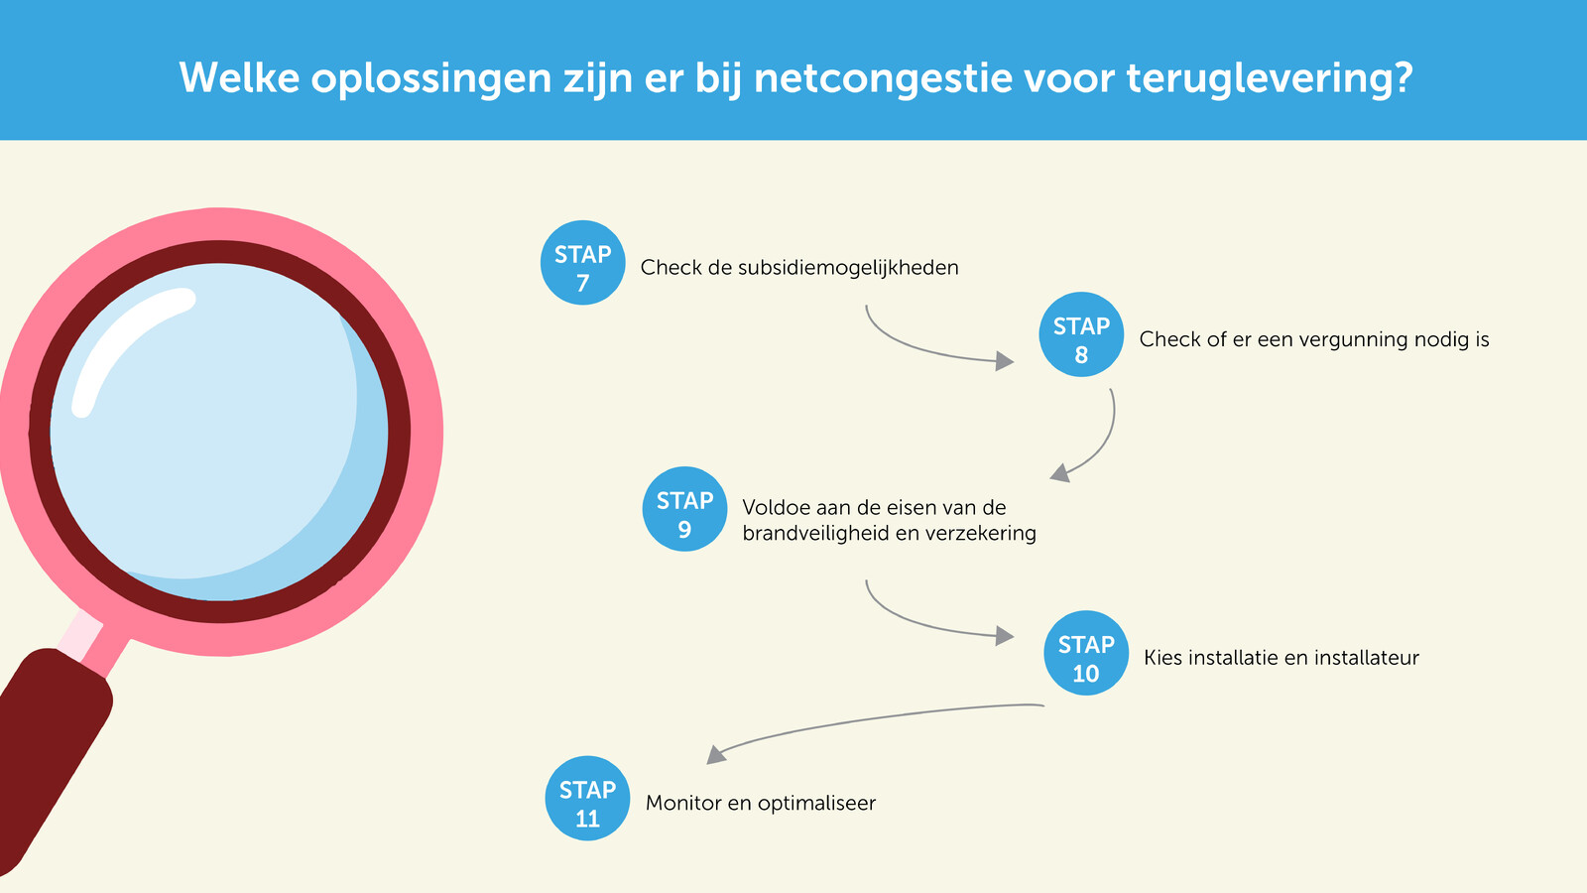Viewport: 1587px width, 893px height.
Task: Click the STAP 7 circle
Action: tap(582, 263)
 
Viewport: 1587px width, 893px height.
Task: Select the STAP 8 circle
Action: tap(1081, 334)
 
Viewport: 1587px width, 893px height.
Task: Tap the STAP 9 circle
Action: tap(684, 509)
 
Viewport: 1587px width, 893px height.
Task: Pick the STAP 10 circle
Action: tap(1086, 653)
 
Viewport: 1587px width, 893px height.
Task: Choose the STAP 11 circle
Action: tap(587, 798)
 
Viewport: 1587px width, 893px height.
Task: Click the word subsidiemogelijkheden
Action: tap(848, 268)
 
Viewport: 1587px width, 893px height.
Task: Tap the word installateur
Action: tap(1367, 658)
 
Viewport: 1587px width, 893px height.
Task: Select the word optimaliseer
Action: tap(817, 804)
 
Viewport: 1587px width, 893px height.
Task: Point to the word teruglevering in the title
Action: tap(1270, 78)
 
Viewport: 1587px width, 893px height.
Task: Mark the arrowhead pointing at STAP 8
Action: tap(1005, 361)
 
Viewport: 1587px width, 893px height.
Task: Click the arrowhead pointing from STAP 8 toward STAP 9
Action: tap(1059, 473)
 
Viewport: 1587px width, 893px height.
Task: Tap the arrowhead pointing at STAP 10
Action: tap(1005, 636)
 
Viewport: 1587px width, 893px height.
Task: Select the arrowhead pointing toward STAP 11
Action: tap(715, 755)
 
